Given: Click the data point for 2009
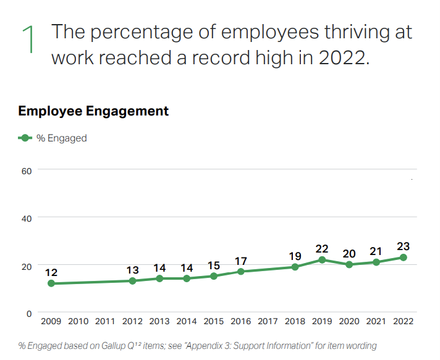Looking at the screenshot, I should (51, 283).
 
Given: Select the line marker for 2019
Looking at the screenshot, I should (323, 260).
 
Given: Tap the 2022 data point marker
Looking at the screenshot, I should (404, 257).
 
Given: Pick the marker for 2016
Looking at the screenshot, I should (241, 272).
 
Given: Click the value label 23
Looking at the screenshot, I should (404, 246).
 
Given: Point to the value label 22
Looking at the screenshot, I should (323, 248).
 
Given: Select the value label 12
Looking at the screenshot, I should (51, 272).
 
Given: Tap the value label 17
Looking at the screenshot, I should (241, 261).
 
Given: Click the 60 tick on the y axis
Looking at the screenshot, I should (26, 170).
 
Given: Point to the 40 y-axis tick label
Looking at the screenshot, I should (26, 217).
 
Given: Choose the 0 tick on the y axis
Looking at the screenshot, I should (28, 314).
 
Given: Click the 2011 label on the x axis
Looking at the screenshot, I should (105, 321).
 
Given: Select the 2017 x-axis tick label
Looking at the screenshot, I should (268, 321).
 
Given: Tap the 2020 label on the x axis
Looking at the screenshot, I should (349, 321).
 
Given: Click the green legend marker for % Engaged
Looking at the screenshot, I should (25, 138).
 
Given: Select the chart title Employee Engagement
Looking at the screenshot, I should (93, 111).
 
